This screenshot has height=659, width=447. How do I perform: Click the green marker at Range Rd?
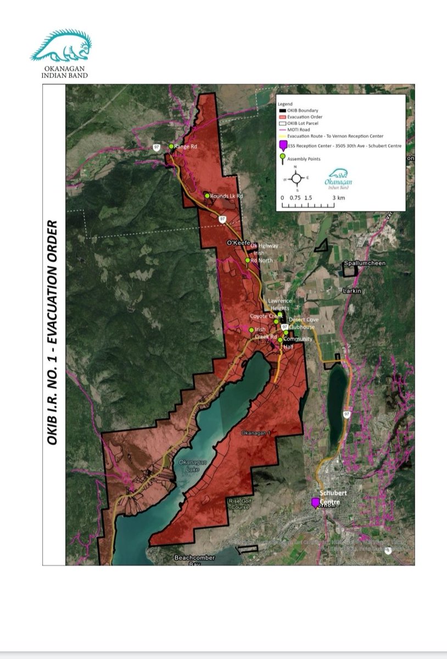pos(171,147)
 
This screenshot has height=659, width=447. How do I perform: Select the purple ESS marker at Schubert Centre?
pos(315,502)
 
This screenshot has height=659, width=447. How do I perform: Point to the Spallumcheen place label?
pos(365,264)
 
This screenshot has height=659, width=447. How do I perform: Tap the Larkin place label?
pos(351,291)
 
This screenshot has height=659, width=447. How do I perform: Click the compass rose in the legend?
pos(295,178)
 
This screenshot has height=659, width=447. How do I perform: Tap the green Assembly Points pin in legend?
pos(283,158)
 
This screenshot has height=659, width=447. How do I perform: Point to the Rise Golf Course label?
pos(239,504)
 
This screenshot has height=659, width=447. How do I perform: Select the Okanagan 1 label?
pos(254,434)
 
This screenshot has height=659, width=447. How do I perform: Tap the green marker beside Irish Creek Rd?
pos(252,329)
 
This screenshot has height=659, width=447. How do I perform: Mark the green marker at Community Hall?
pos(280,340)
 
